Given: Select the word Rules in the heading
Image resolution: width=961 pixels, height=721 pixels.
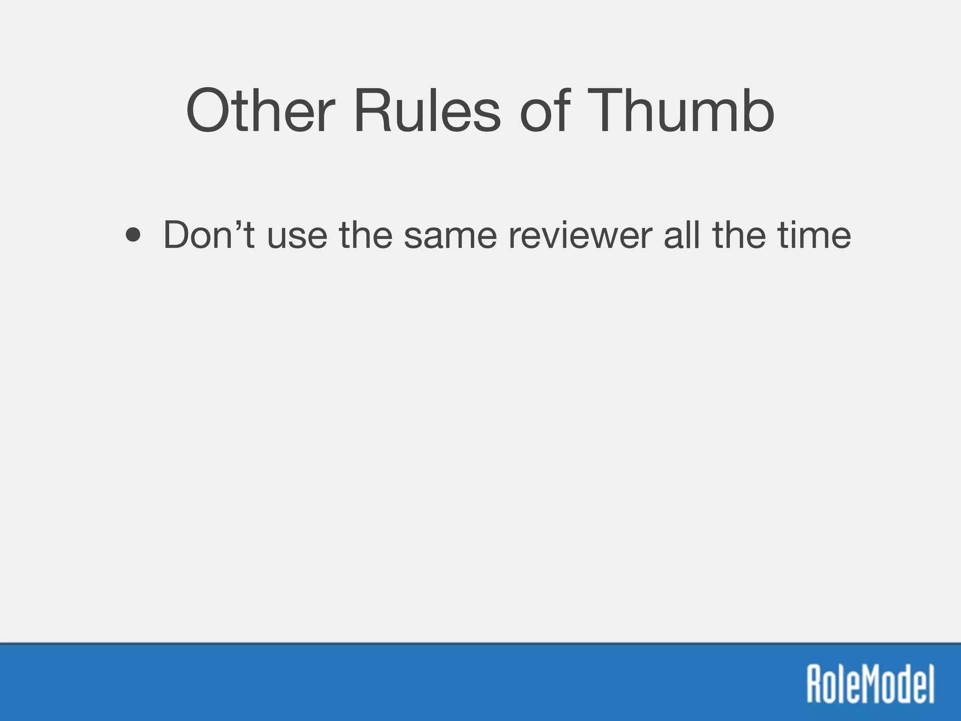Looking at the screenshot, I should (x=427, y=112).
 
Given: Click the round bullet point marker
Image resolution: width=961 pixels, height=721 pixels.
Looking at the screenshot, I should (x=133, y=236).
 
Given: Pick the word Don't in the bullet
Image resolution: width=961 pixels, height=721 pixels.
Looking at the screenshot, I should (x=209, y=235).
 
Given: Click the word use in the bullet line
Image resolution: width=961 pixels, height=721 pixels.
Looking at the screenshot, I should (x=297, y=236).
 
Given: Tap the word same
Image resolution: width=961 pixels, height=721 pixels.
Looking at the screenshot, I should (x=450, y=236).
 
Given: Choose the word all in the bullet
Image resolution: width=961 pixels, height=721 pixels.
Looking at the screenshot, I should (x=683, y=235).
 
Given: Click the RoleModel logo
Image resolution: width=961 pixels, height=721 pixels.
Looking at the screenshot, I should (x=870, y=683).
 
